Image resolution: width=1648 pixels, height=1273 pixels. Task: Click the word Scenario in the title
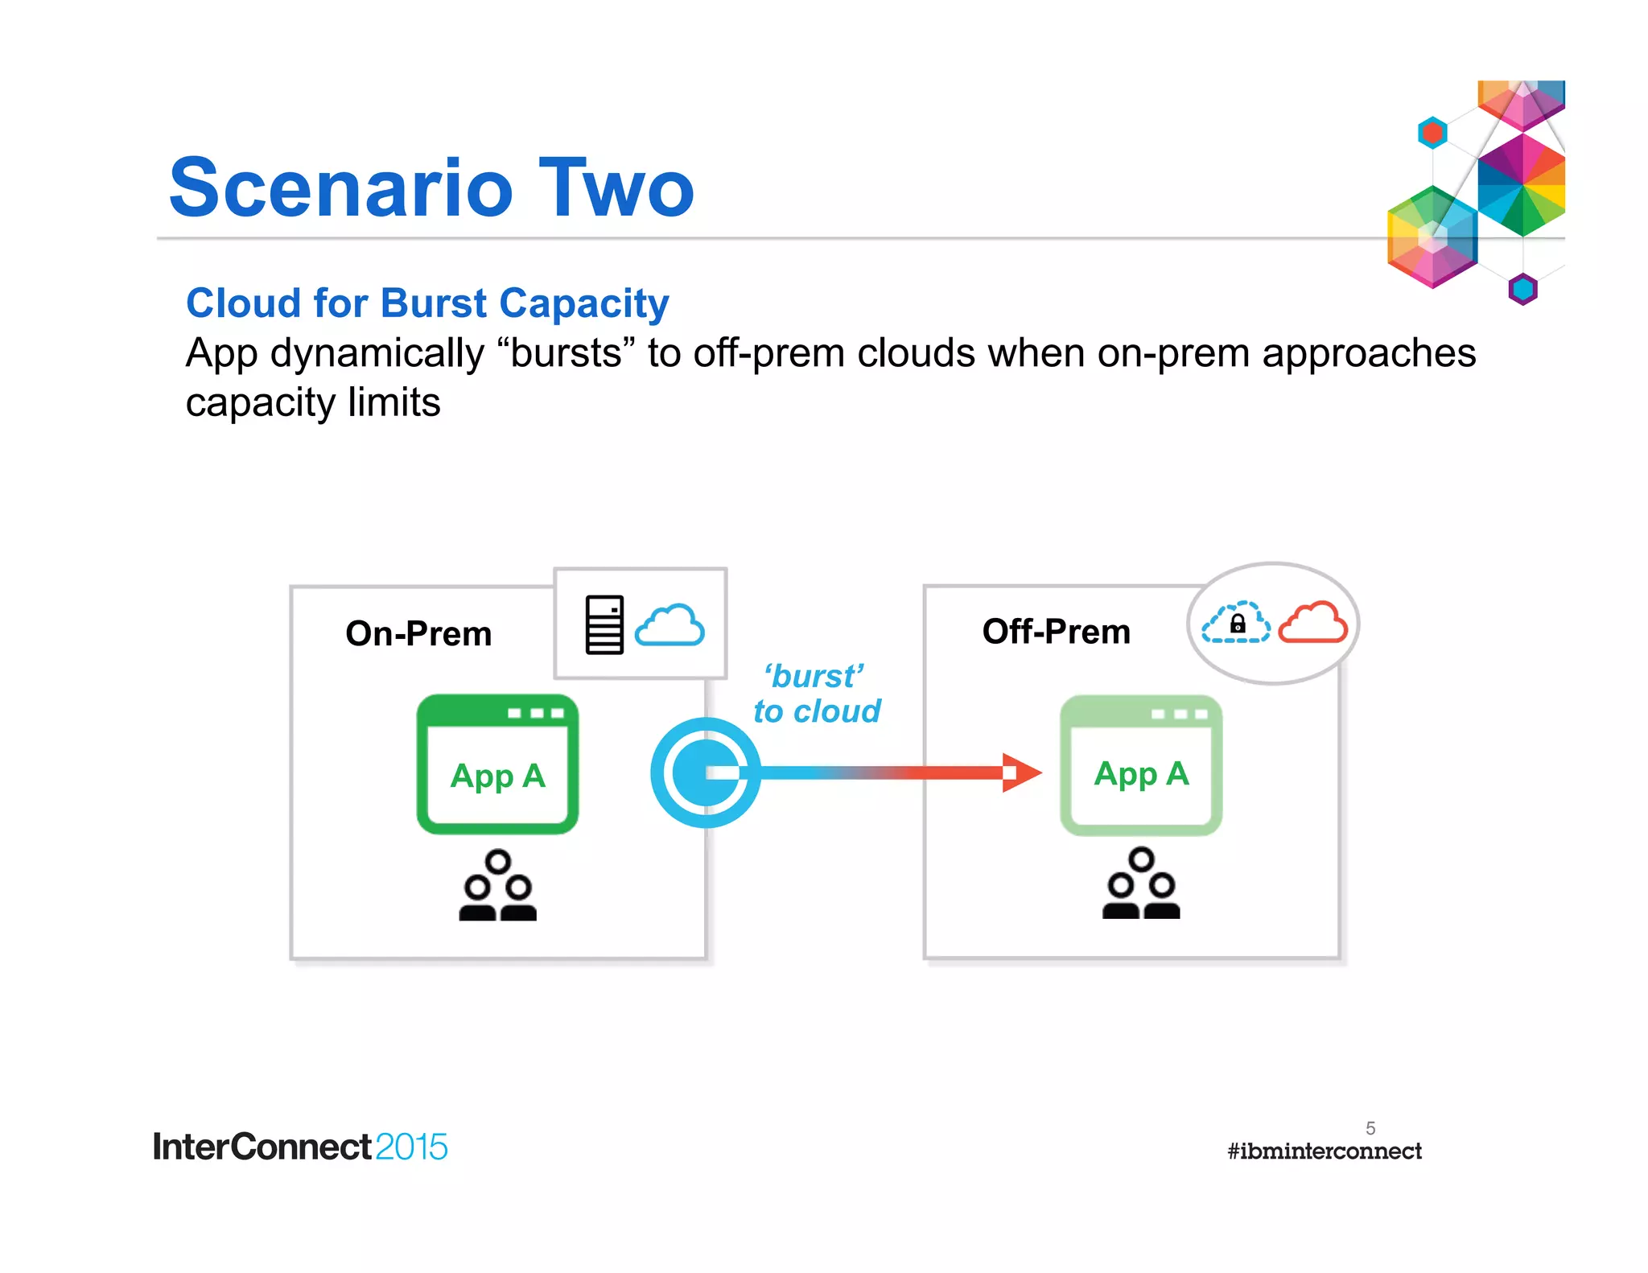(x=341, y=188)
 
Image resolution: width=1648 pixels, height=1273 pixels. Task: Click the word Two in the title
(x=616, y=188)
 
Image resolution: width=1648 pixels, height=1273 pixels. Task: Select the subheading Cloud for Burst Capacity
(x=427, y=303)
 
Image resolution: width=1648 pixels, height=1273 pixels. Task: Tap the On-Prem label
(x=418, y=633)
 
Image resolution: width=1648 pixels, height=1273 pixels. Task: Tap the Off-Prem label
(x=1056, y=631)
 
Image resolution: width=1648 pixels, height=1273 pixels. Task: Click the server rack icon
(x=604, y=624)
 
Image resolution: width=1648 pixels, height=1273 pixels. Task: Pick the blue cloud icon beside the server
(x=669, y=625)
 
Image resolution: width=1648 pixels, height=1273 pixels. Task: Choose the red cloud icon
(x=1312, y=622)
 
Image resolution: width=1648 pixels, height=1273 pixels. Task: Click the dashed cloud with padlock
(x=1236, y=623)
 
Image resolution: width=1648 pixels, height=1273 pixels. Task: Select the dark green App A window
(x=497, y=764)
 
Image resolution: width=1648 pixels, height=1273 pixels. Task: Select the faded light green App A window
(x=1141, y=765)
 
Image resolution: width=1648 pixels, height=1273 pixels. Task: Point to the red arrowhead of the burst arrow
(x=1020, y=772)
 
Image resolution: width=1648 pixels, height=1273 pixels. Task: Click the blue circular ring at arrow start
(x=705, y=772)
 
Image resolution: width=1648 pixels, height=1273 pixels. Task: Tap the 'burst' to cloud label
(x=816, y=694)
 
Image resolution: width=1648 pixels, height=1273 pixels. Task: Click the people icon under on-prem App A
(x=497, y=886)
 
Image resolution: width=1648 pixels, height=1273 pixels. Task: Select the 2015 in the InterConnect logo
(x=411, y=1147)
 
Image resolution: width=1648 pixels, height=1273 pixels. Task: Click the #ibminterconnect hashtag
(x=1324, y=1151)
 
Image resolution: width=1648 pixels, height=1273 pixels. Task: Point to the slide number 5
(x=1370, y=1128)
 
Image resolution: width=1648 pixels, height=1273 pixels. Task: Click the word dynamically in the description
(x=377, y=353)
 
